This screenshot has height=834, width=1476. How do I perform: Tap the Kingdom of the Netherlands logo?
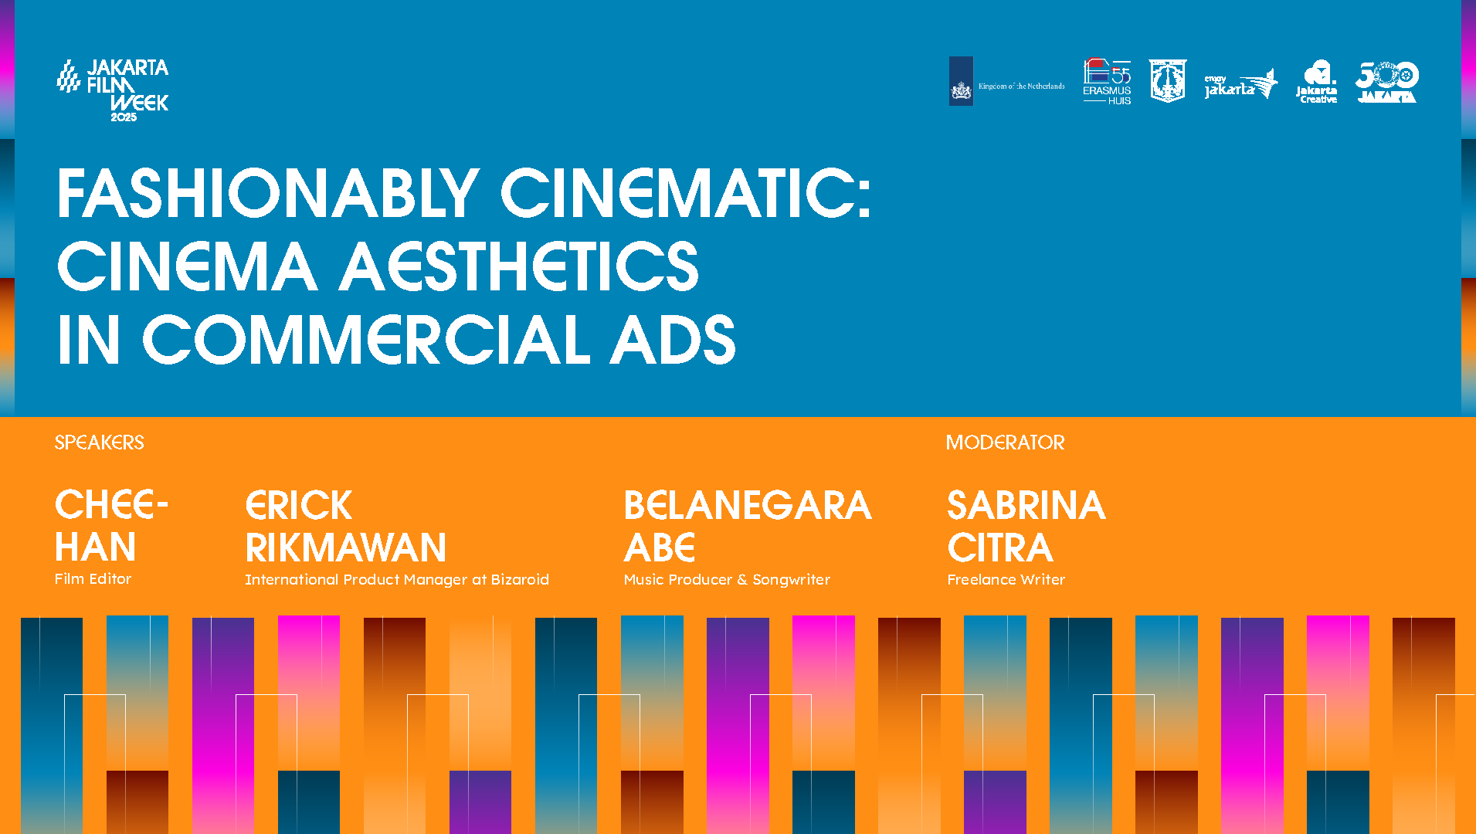(x=1006, y=82)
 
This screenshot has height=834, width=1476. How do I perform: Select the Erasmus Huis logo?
(x=1107, y=82)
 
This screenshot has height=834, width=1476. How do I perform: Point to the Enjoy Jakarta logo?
(x=1240, y=84)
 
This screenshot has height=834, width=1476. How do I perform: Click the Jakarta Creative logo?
(x=1317, y=82)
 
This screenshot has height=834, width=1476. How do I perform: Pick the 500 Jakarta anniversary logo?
(x=1386, y=82)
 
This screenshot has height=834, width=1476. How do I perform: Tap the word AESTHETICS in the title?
(x=519, y=266)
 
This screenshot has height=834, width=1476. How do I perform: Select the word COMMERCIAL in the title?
(x=366, y=340)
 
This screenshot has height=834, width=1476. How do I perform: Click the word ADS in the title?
(x=672, y=340)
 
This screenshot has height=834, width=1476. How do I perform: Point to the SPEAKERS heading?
(x=99, y=442)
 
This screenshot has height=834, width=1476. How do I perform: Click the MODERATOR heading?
(x=1005, y=442)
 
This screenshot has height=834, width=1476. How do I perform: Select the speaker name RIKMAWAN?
(x=345, y=548)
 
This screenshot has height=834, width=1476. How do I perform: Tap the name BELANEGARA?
(x=747, y=506)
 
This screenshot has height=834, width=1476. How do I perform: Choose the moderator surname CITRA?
(x=999, y=548)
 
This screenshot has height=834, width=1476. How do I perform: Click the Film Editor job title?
(x=93, y=578)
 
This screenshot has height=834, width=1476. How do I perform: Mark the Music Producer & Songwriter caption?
(x=726, y=579)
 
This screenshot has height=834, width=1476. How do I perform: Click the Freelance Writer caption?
(x=1006, y=579)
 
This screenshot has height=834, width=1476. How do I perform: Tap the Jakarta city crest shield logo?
(x=1167, y=81)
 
